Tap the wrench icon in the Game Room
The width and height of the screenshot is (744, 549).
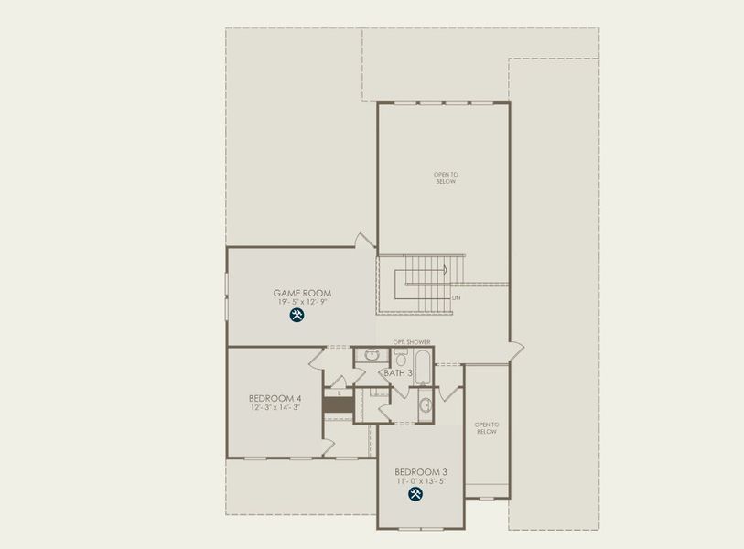(x=297, y=316)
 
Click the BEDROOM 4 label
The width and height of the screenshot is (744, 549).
(x=275, y=398)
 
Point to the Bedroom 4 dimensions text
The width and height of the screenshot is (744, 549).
(x=275, y=408)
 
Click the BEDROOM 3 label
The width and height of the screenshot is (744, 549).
(x=421, y=471)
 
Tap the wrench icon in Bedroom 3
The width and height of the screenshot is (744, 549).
(x=415, y=494)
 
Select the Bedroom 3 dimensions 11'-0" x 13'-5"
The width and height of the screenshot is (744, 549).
(x=421, y=481)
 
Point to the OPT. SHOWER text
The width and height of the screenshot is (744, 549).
(x=411, y=342)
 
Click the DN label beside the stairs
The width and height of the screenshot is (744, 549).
(x=456, y=297)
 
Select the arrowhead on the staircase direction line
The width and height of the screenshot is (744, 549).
(x=444, y=270)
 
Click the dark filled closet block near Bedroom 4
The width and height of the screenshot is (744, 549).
(x=338, y=404)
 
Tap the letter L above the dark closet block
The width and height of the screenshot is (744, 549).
(x=339, y=392)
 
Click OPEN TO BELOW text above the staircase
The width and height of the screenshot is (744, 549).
(x=445, y=178)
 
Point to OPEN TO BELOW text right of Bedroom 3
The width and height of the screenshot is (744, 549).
(x=486, y=427)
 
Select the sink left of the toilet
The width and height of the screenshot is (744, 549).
(x=372, y=355)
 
